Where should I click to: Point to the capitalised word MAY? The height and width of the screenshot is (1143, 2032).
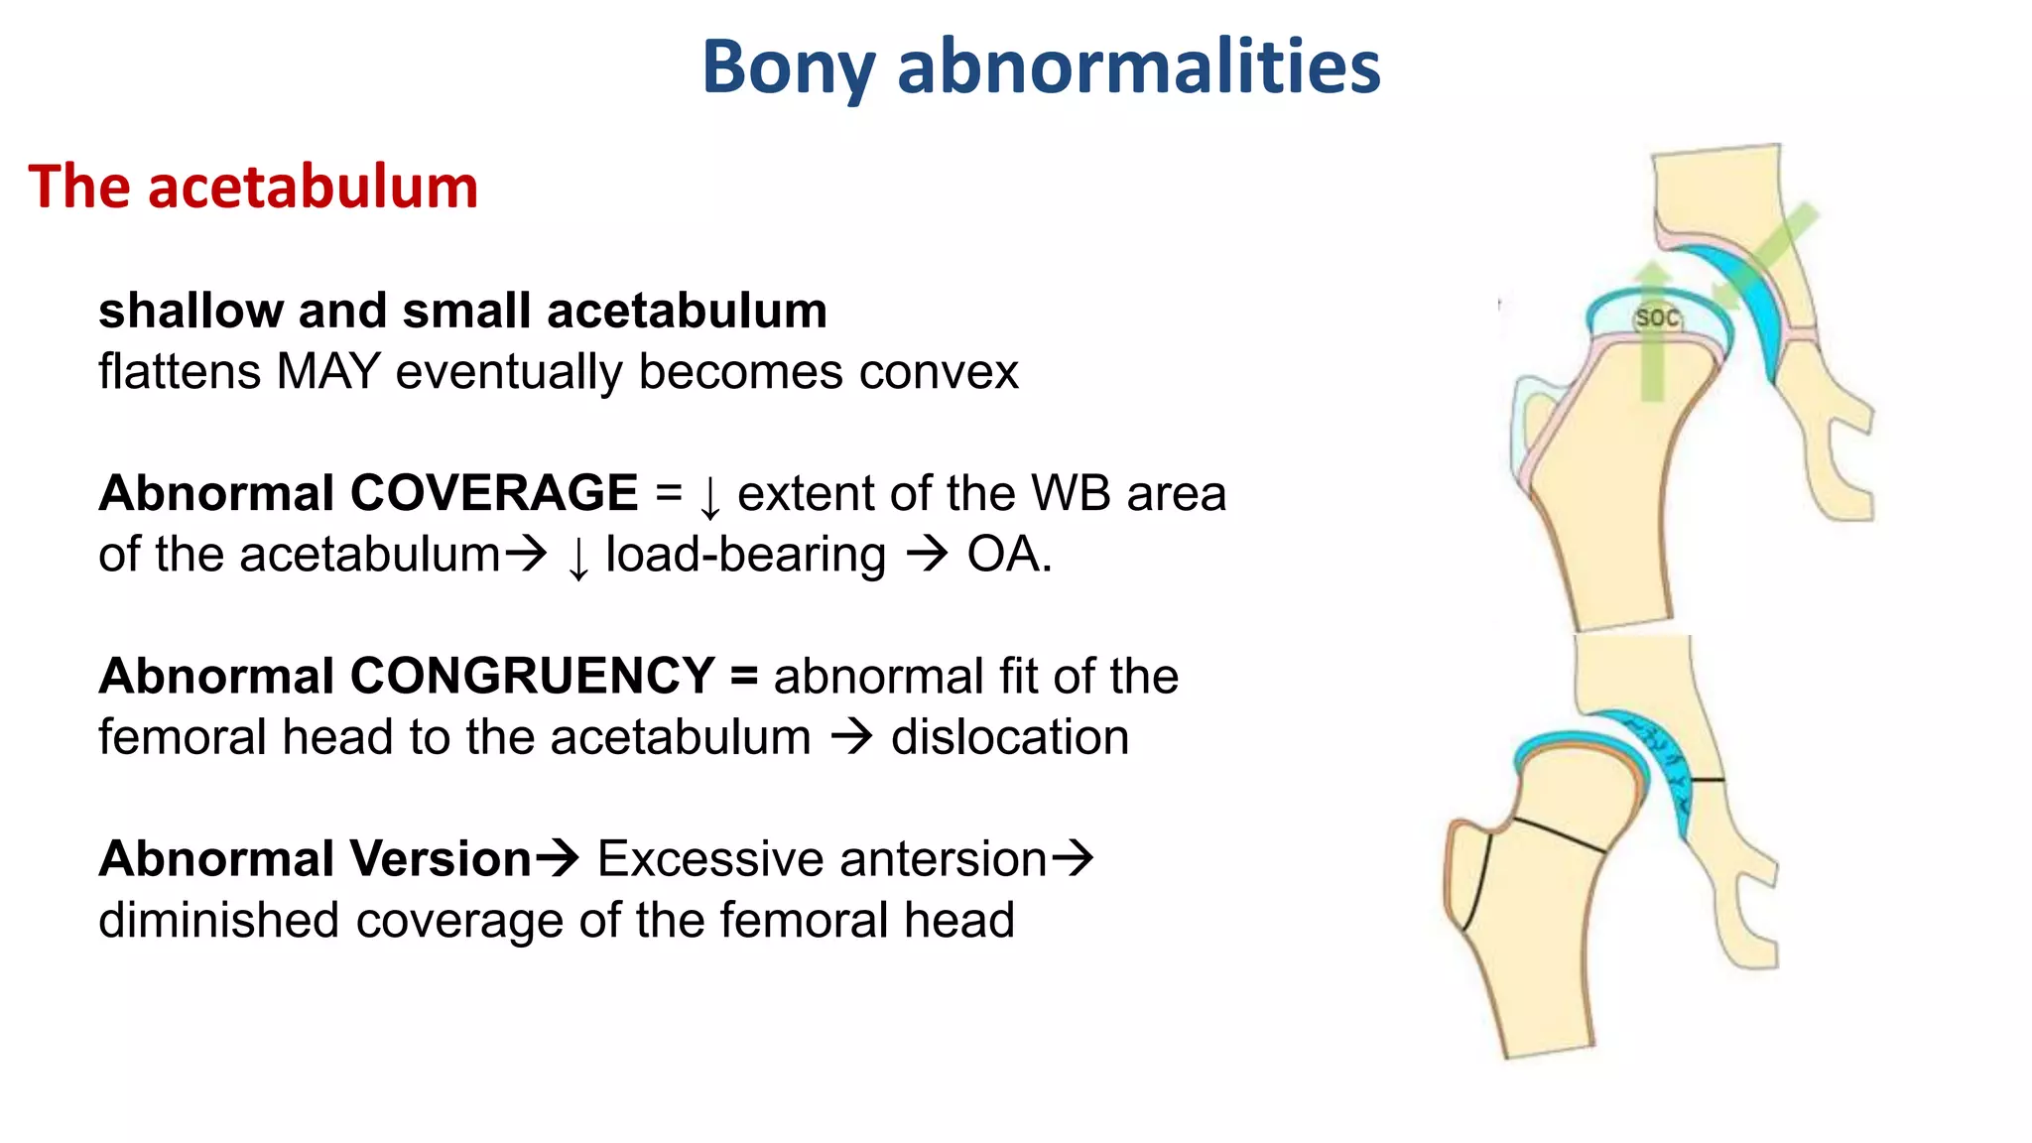[x=329, y=372]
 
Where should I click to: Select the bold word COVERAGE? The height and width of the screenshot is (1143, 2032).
[x=493, y=493]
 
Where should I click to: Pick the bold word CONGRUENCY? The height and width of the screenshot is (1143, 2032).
[x=532, y=676]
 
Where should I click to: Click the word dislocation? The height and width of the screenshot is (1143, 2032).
[x=1009, y=737]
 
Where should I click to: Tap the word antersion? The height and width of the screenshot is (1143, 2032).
[x=821, y=858]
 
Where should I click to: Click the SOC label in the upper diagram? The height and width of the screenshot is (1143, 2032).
[x=1657, y=317]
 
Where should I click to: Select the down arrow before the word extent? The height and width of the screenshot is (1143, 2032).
[x=709, y=497]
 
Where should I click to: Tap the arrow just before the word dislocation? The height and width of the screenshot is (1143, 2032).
[x=851, y=737]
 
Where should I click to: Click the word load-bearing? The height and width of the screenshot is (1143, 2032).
[x=745, y=555]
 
